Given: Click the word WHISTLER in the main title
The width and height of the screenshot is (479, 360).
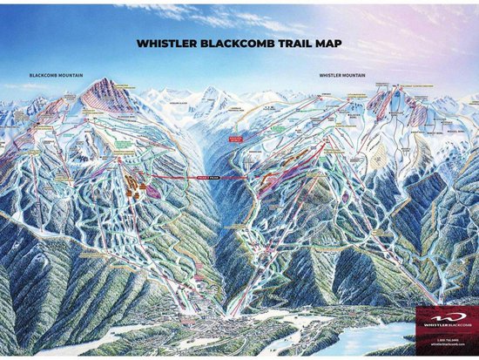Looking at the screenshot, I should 167,41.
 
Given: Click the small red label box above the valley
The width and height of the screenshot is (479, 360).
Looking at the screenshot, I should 234,138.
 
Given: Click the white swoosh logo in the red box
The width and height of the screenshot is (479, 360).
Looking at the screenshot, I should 444,316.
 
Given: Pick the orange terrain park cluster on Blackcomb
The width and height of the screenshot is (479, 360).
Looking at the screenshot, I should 132,185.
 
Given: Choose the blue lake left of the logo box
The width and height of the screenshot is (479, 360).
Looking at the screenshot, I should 383,335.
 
